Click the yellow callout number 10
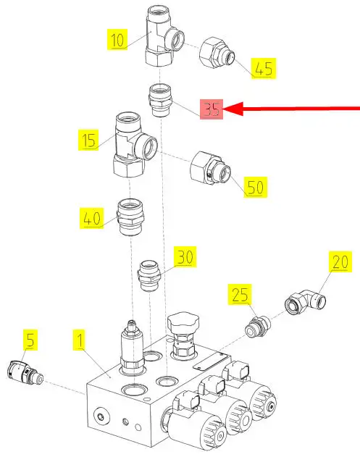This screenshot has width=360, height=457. pyautogui.click(x=117, y=39)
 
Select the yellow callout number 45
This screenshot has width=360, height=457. pyautogui.click(x=264, y=69)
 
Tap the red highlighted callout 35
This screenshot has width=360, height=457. pyautogui.click(x=212, y=109)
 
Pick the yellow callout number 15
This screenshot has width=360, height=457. pyautogui.click(x=88, y=140)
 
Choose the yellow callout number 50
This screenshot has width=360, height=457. pyautogui.click(x=256, y=187)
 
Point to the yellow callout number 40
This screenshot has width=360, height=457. pyautogui.click(x=92, y=218)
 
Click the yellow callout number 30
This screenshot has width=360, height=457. pyautogui.click(x=185, y=257)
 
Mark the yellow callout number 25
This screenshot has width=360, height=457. pyautogui.click(x=240, y=294)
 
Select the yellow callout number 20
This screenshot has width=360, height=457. pyautogui.click(x=340, y=261)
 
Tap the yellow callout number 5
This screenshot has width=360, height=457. pyautogui.click(x=30, y=340)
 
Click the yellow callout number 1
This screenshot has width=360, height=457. pyautogui.click(x=79, y=340)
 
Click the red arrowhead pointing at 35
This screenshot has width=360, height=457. pyautogui.click(x=233, y=109)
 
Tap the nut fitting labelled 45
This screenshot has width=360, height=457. pyautogui.click(x=217, y=53)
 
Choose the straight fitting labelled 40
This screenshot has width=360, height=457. pyautogui.click(x=130, y=217)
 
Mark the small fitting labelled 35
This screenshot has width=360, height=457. pyautogui.click(x=160, y=100)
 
